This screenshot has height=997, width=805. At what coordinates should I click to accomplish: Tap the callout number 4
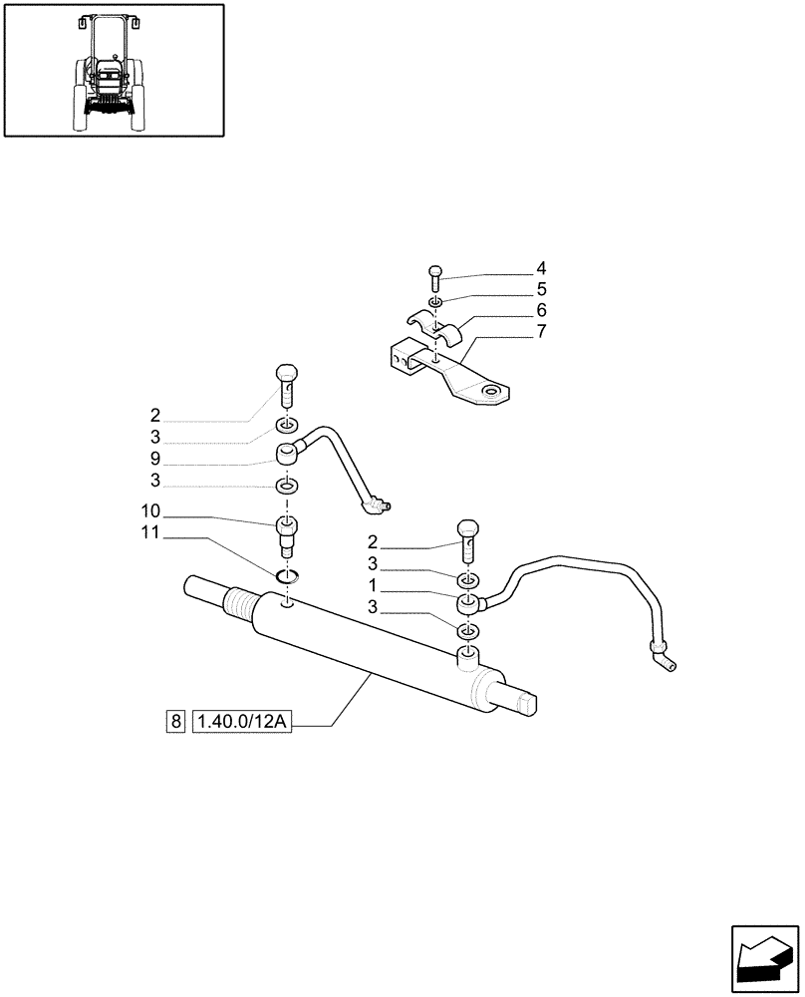[x=541, y=268]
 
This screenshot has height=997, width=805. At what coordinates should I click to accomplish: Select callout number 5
[x=541, y=289]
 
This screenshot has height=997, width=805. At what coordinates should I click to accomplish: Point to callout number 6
[x=541, y=310]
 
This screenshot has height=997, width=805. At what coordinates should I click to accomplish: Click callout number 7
[x=541, y=331]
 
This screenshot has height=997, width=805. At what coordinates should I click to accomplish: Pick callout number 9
[x=155, y=460]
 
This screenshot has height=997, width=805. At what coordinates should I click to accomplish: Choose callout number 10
[x=150, y=511]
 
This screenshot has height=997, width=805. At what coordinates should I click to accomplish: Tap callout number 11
[x=150, y=533]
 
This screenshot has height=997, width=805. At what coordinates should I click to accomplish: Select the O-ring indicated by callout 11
[x=287, y=574]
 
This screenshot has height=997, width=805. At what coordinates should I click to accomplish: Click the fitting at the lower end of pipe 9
[x=377, y=507]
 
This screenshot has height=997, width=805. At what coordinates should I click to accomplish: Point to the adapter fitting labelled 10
[x=286, y=533]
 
